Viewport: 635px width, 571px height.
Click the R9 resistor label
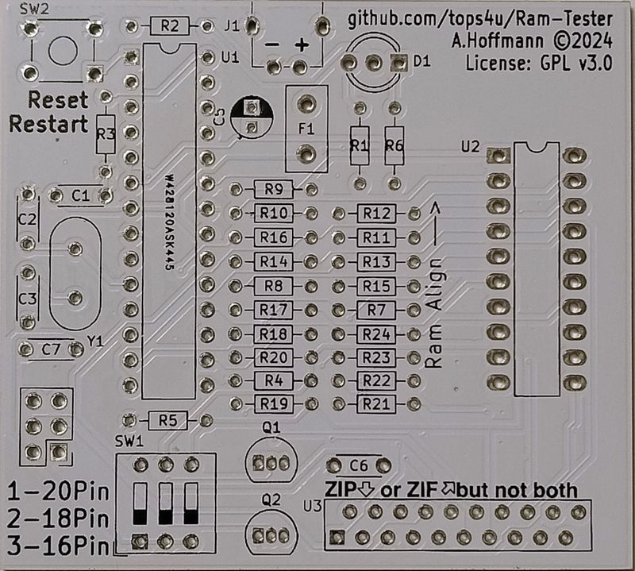pos(274,189)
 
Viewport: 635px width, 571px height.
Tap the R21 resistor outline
pos(376,403)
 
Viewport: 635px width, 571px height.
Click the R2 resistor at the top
pos(168,26)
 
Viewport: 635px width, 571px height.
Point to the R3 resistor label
pos(106,135)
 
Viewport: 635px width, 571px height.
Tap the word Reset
pos(58,102)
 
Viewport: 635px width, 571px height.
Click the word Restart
pos(48,125)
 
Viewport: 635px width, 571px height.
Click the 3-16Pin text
pos(56,546)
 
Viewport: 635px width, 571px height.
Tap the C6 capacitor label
pos(359,465)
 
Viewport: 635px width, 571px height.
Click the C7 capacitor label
pos(51,348)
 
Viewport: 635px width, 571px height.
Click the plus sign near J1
pos(302,45)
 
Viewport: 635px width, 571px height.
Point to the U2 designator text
pos(470,146)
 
